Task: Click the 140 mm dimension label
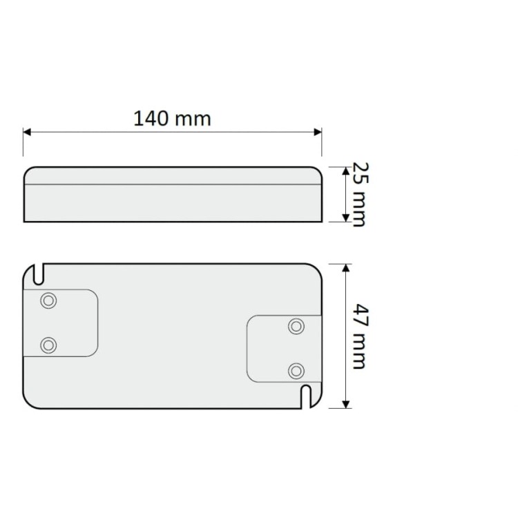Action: (172, 118)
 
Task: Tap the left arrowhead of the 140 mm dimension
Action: (28, 131)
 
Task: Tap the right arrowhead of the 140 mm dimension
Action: (318, 131)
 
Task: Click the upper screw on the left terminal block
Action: (48, 301)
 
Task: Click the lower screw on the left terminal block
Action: (48, 345)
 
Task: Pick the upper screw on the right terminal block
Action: (296, 327)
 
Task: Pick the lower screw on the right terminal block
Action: (296, 371)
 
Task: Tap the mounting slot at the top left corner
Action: (40, 273)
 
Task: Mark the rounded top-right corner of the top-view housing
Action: (317, 269)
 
